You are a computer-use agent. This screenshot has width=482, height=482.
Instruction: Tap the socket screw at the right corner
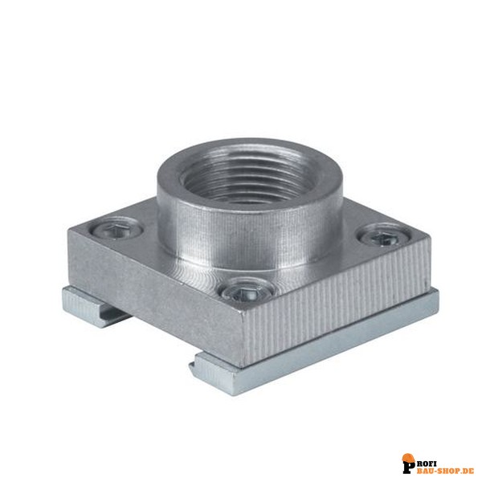384,236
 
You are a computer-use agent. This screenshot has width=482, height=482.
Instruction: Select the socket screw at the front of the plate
247,293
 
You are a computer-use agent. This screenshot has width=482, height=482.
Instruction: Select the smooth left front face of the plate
153,295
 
